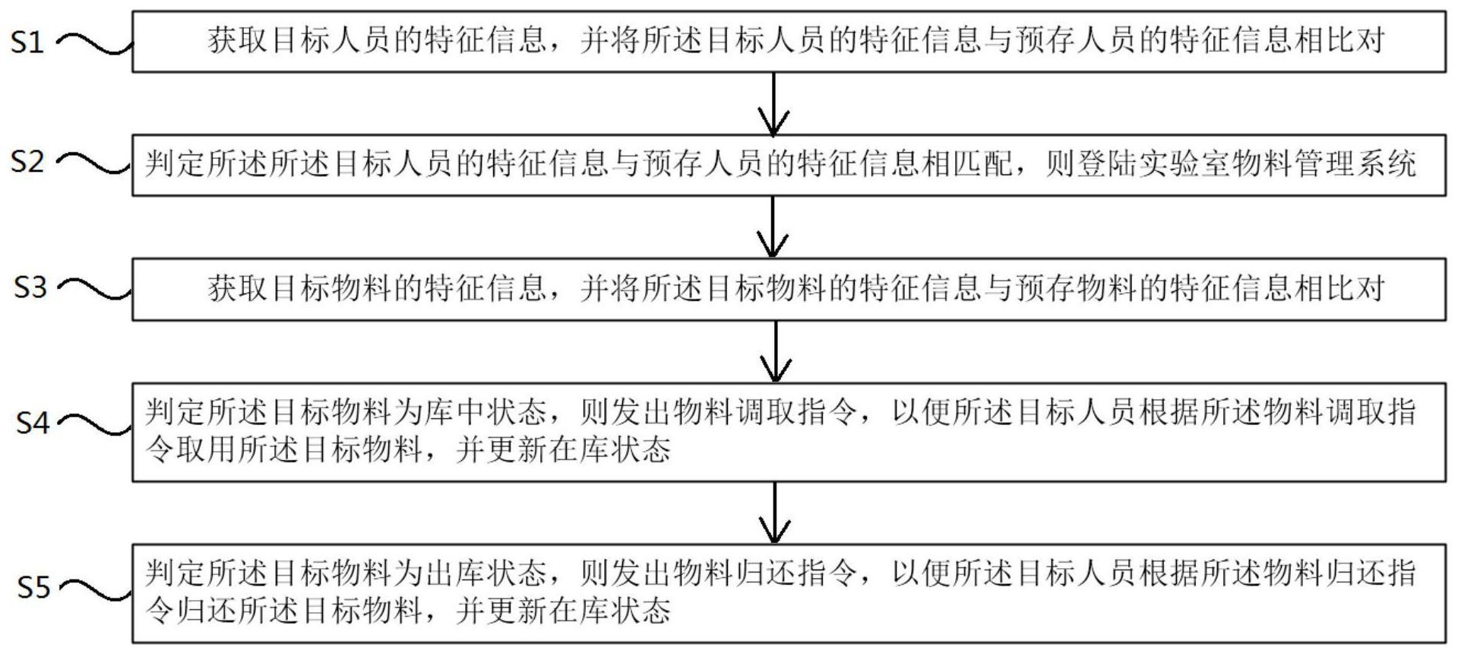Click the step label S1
click(27, 42)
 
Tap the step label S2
click(27, 161)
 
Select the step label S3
click(30, 287)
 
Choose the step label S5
click(33, 586)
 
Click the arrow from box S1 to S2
click(773, 103)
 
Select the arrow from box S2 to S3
click(773, 227)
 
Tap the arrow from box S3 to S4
click(774, 351)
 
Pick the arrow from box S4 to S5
click(774, 513)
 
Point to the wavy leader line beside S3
click(96, 288)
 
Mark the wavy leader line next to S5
click(96, 589)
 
